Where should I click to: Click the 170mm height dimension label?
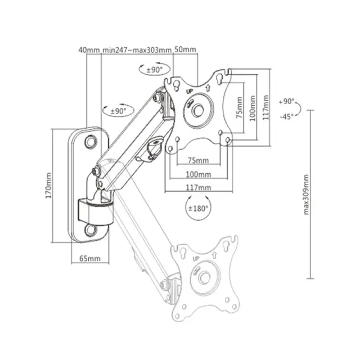49,185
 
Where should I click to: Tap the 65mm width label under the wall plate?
90,259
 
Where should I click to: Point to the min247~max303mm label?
137,50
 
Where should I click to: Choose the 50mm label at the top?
186,50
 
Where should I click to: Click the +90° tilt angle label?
286,102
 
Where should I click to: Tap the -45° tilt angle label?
286,116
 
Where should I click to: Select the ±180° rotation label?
199,208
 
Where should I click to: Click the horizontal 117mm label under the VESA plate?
198,187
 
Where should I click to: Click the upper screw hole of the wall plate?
91,143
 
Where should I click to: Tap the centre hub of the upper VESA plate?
198,110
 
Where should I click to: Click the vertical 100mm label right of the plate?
253,109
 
